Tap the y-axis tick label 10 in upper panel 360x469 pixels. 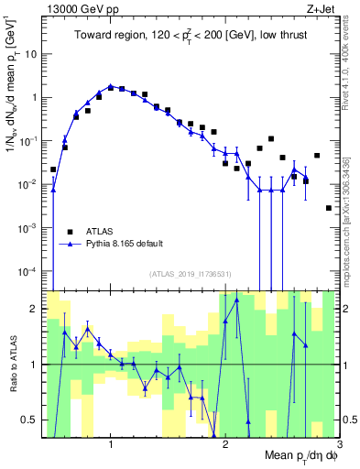point(29,53)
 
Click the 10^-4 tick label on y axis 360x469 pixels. point(27,271)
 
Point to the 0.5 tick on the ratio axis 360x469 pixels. point(29,420)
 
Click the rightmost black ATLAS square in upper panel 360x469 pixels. point(328,208)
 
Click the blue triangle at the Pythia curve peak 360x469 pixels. point(111,86)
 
